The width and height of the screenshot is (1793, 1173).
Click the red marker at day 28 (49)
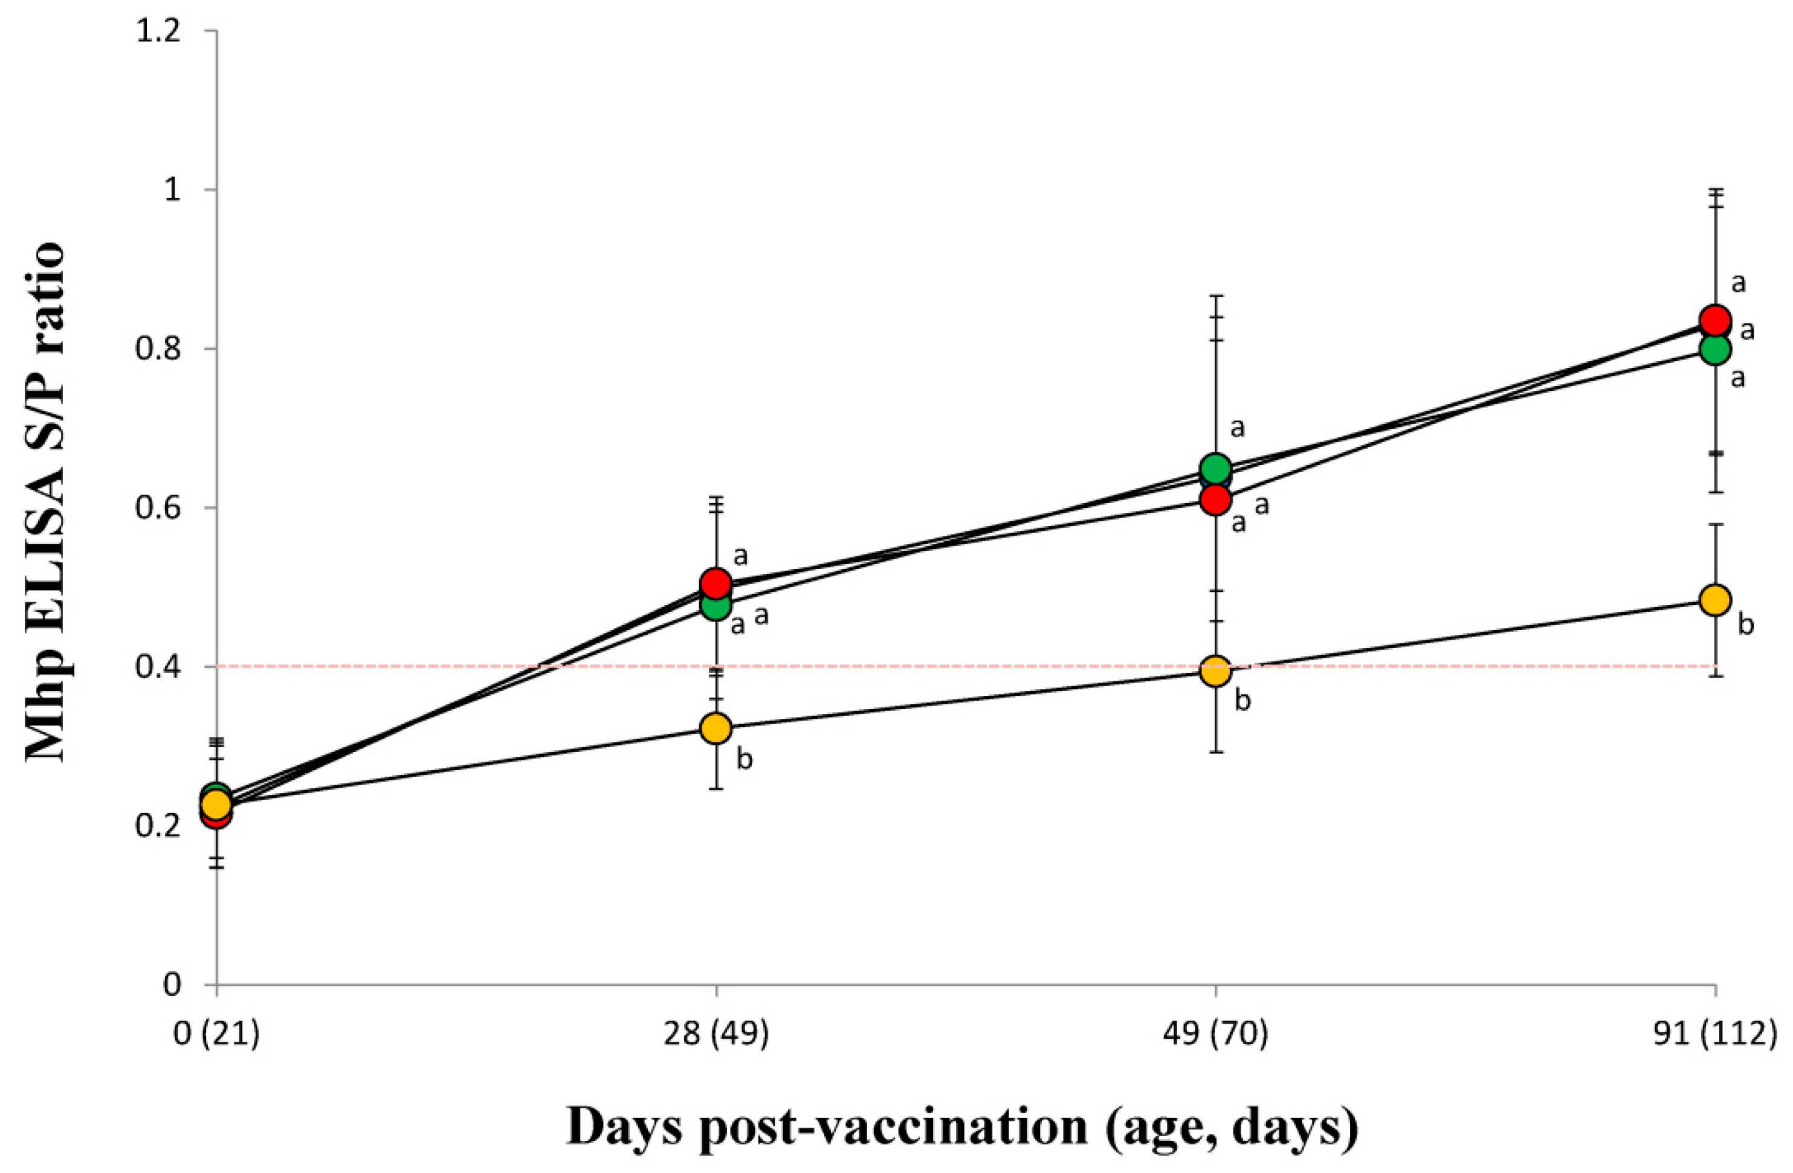(x=716, y=583)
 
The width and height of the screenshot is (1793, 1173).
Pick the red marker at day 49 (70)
(x=1215, y=500)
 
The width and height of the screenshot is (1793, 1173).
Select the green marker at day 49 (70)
(x=1215, y=468)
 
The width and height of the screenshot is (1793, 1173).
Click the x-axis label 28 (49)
(x=716, y=1035)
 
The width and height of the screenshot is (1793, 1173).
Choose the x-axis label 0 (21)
(x=217, y=1035)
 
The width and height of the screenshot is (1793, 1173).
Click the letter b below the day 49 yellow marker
(x=1243, y=701)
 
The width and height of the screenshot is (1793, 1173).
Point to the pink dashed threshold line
(x=942, y=666)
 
